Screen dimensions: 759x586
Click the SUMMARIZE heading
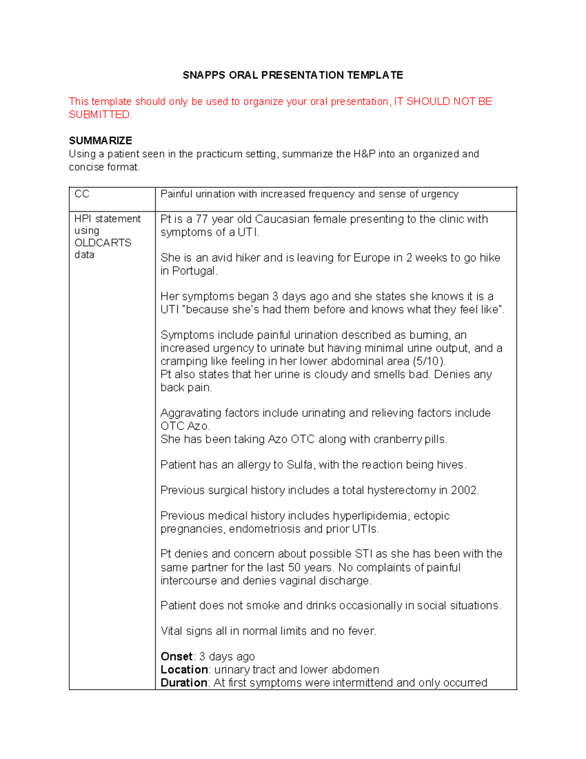[101, 141]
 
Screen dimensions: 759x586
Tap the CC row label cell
[82, 194]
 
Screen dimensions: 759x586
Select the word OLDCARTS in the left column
[103, 243]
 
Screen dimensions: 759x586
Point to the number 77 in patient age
[202, 219]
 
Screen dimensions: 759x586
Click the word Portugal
[194, 271]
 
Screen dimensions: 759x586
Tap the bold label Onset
[177, 656]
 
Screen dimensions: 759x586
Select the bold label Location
[184, 670]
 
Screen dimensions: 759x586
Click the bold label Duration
[184, 683]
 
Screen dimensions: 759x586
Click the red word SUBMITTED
[100, 115]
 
